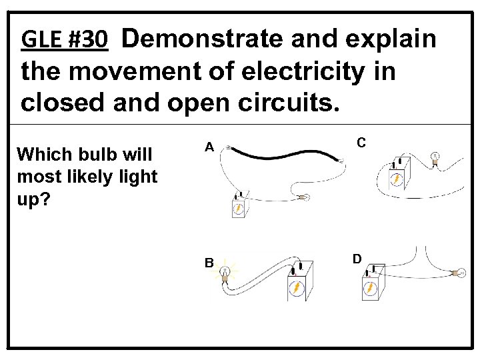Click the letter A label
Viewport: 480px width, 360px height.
click(x=209, y=147)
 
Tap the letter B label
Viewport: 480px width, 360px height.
click(x=209, y=263)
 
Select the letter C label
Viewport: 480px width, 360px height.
click(x=361, y=142)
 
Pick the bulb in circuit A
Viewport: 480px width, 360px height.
click(x=306, y=197)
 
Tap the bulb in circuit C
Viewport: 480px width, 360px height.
click(x=434, y=158)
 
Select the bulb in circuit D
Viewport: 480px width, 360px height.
click(x=458, y=272)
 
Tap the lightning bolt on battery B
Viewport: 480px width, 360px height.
click(x=297, y=288)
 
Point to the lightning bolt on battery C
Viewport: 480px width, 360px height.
click(x=396, y=179)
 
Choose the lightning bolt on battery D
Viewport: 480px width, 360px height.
click(x=369, y=288)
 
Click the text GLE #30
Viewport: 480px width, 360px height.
click(x=64, y=41)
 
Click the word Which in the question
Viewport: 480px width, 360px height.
click(x=44, y=155)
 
